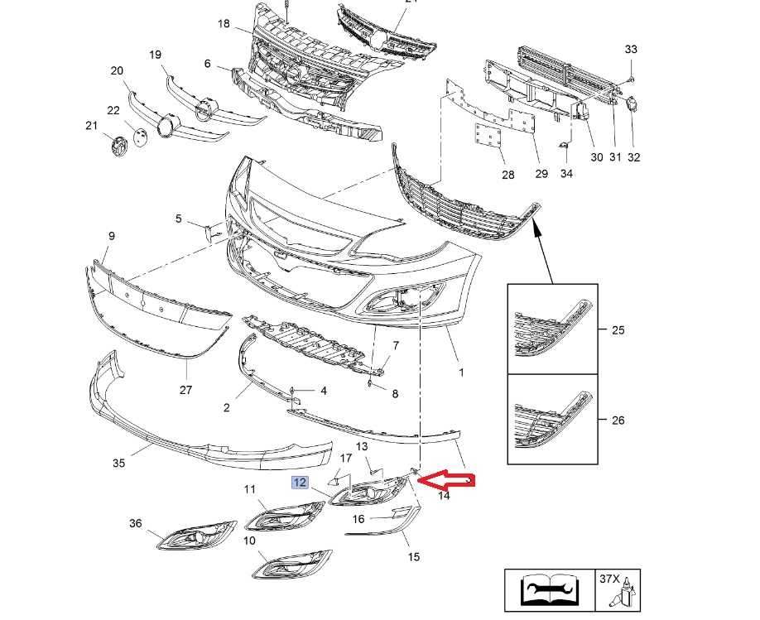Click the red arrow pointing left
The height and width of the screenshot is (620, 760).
[x=448, y=480]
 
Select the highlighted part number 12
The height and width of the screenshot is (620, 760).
[x=299, y=483]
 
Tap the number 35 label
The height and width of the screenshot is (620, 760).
[x=118, y=463]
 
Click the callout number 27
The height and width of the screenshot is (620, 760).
[x=185, y=390]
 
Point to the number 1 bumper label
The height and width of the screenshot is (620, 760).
[x=461, y=372]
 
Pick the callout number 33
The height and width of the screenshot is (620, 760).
[x=631, y=50]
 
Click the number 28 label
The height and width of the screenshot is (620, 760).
[x=507, y=175]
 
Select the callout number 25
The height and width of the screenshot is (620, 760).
[x=618, y=330]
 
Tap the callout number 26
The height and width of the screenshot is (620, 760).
[x=618, y=420]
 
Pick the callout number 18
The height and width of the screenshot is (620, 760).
[x=224, y=23]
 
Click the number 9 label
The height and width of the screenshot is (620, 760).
[x=111, y=236]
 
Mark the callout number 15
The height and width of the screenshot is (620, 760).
[x=414, y=556]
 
